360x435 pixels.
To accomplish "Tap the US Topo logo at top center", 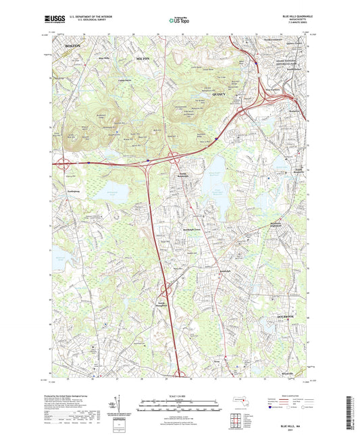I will coord(178,21).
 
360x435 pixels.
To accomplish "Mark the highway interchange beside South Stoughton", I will coord(165,292).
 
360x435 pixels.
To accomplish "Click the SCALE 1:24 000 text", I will coord(180,395).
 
